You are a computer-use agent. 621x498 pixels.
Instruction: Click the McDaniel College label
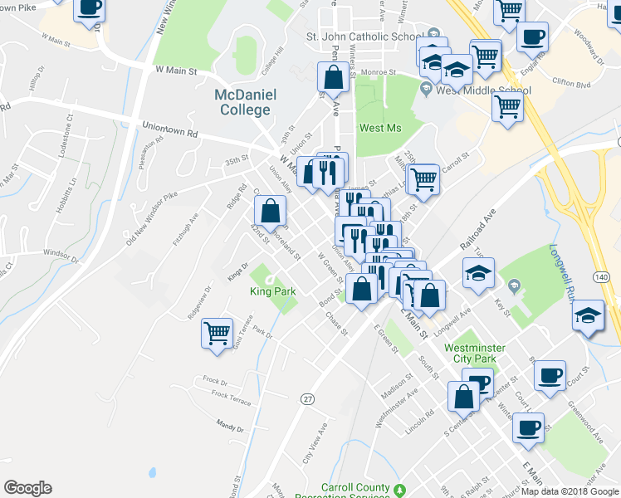(244, 101)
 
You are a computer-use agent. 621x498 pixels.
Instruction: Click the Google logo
(27, 488)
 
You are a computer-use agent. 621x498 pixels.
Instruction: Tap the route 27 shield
(307, 398)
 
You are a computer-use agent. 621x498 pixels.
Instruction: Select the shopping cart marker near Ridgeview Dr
(218, 334)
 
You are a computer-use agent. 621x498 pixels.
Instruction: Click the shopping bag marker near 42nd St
(271, 212)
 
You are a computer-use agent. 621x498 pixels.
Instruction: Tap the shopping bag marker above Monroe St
(333, 78)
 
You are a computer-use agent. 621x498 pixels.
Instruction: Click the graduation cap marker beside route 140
(589, 316)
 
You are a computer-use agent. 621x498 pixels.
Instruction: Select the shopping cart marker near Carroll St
(423, 178)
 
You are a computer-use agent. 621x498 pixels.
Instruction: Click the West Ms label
(380, 128)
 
